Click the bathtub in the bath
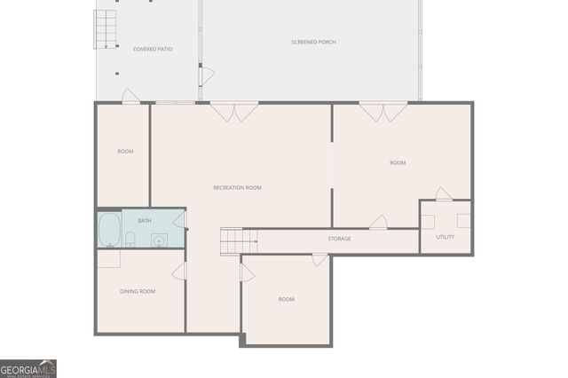pyautogui.click(x=109, y=230)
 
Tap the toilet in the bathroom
pyautogui.click(x=130, y=238)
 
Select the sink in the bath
pyautogui.click(x=159, y=239)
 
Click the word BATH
pyautogui.click(x=144, y=220)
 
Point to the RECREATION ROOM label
pyautogui.click(x=237, y=187)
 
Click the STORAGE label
pyautogui.click(x=339, y=239)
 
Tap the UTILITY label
pyautogui.click(x=445, y=237)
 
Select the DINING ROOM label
pyautogui.click(x=138, y=291)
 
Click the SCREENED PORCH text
pyautogui.click(x=313, y=43)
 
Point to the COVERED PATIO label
pyautogui.click(x=153, y=49)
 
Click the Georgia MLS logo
pyautogui.click(x=28, y=368)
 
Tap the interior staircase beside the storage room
pyautogui.click(x=231, y=240)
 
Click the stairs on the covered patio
pyautogui.click(x=106, y=29)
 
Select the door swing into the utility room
pyautogui.click(x=444, y=193)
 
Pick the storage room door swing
pyautogui.click(x=378, y=223)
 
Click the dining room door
pyautogui.click(x=179, y=272)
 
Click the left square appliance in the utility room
pyautogui.click(x=428, y=221)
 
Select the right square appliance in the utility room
pyautogui.click(x=463, y=221)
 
